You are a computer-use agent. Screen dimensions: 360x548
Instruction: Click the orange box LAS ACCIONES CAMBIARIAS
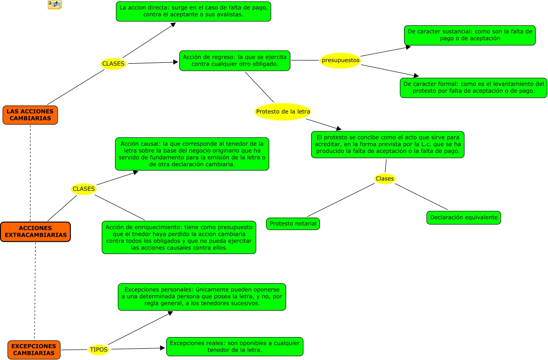(x=30, y=115)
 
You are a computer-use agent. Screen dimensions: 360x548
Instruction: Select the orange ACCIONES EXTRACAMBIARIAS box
(x=35, y=232)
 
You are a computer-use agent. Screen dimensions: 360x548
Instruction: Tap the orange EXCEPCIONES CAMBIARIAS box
(x=34, y=350)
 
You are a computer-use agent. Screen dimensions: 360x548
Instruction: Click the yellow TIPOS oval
(x=99, y=350)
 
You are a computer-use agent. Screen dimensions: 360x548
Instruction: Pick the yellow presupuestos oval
(x=340, y=60)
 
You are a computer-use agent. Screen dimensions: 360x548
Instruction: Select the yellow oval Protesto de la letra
(x=283, y=112)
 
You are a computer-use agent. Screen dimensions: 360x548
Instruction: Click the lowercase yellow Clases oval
(x=385, y=179)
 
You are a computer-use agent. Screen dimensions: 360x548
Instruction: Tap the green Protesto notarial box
(x=293, y=224)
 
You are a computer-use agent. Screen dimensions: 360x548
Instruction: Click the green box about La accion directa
(x=193, y=11)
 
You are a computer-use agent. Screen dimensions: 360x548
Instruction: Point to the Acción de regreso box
(x=235, y=60)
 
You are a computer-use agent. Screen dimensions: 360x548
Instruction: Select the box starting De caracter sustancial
(x=470, y=35)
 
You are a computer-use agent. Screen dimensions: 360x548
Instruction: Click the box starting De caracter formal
(x=473, y=88)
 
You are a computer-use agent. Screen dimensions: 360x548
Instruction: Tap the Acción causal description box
(x=192, y=154)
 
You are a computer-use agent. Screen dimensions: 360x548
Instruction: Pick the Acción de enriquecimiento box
(x=179, y=237)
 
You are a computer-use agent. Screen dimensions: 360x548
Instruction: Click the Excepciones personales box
(x=202, y=297)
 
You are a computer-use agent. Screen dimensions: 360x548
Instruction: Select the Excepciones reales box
(x=235, y=346)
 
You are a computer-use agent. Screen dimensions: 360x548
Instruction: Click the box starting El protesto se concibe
(x=388, y=144)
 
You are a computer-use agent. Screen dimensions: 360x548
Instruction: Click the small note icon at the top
(x=54, y=5)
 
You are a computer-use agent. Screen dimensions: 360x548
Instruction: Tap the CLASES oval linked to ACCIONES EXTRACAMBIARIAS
(x=84, y=189)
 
